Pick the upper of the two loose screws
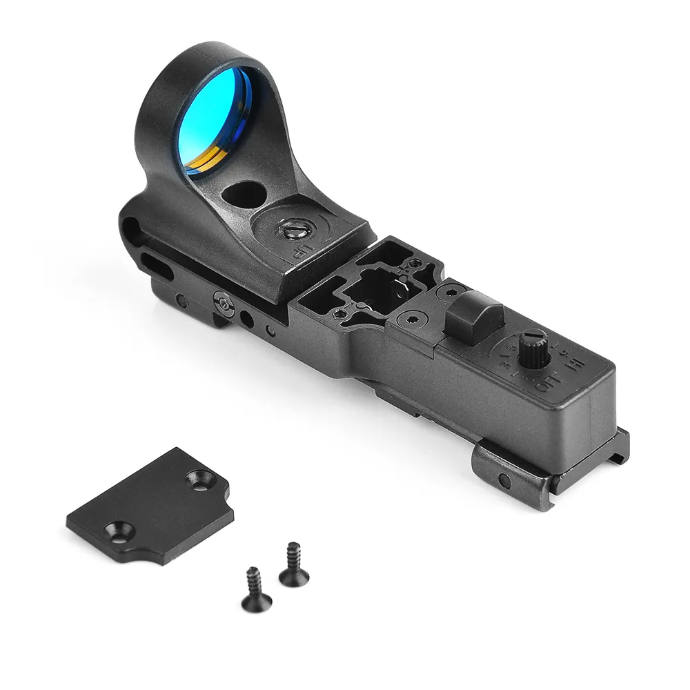click(293, 563)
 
